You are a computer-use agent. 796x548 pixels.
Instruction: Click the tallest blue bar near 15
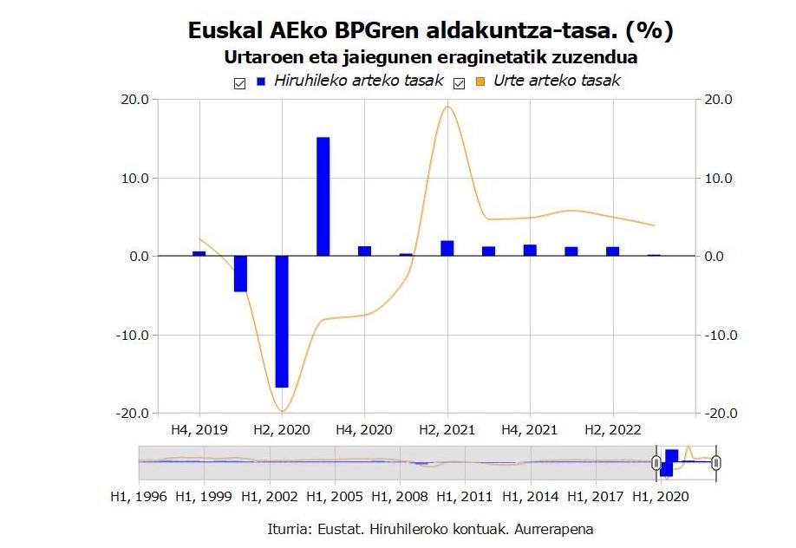[x=323, y=196]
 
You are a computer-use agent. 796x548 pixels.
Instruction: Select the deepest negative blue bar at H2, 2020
[x=282, y=321]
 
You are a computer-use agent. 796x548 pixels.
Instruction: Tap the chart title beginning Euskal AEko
[x=430, y=31]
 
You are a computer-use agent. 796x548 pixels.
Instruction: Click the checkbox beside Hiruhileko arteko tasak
[x=238, y=82]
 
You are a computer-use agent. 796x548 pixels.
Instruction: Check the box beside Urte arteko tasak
[x=460, y=82]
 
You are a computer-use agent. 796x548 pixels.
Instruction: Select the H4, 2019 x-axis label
[x=199, y=429]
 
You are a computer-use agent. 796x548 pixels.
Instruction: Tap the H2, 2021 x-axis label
[x=447, y=429]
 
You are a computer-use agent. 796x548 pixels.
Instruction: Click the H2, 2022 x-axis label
[x=612, y=429]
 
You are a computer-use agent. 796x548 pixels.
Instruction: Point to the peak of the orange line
[x=447, y=107]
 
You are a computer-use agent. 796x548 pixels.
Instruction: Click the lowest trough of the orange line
[x=282, y=410]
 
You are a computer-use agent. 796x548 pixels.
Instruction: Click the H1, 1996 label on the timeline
[x=140, y=499]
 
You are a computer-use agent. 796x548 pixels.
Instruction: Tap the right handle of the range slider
[x=716, y=463]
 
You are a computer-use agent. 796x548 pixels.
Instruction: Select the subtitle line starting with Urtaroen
[x=430, y=58]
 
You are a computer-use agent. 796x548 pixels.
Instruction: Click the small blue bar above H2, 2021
[x=447, y=248]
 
